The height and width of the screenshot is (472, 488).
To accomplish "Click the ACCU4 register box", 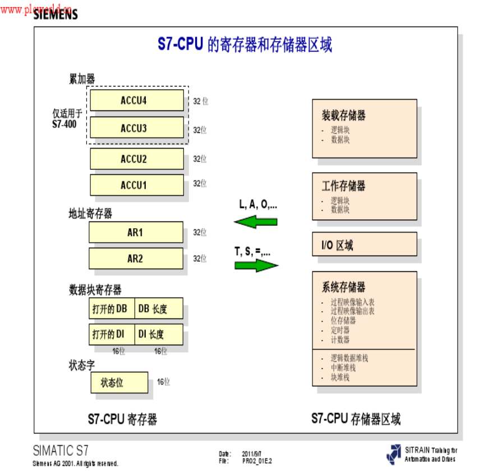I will pyautogui.click(x=137, y=101).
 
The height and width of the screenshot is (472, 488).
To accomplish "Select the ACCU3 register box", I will pyautogui.click(x=137, y=128).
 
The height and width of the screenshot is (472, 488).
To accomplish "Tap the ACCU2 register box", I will pyautogui.click(x=137, y=159).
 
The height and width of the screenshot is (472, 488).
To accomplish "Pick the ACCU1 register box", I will pyautogui.click(x=137, y=184).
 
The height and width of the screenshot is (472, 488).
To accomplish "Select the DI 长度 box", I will pyautogui.click(x=159, y=335).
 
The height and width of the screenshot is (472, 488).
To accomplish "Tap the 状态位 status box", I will pyautogui.click(x=119, y=383).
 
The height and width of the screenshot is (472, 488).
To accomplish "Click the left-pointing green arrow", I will pyautogui.click(x=256, y=223).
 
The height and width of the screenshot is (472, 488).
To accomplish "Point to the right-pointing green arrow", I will pyautogui.click(x=256, y=265).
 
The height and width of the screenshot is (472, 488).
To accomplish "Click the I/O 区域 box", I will pyautogui.click(x=364, y=245).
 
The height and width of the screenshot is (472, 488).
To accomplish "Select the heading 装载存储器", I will pyautogui.click(x=343, y=115).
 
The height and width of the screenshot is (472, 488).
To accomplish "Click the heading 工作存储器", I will pyautogui.click(x=343, y=186).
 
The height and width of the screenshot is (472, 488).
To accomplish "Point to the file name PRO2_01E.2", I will pyautogui.click(x=257, y=461).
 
